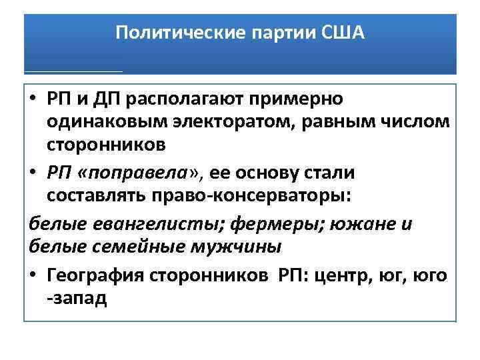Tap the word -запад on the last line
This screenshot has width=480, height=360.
[77, 297]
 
